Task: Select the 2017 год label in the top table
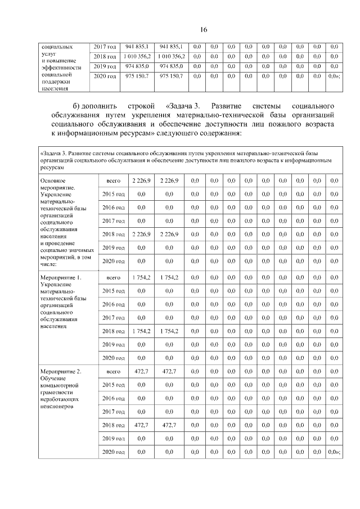(105, 47)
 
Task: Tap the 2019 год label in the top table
(105, 66)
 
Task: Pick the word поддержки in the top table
(56, 81)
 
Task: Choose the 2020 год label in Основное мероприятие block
(112, 261)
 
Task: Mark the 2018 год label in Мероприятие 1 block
(112, 331)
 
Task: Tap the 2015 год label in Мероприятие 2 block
(112, 385)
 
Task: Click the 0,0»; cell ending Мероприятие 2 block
(334, 452)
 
